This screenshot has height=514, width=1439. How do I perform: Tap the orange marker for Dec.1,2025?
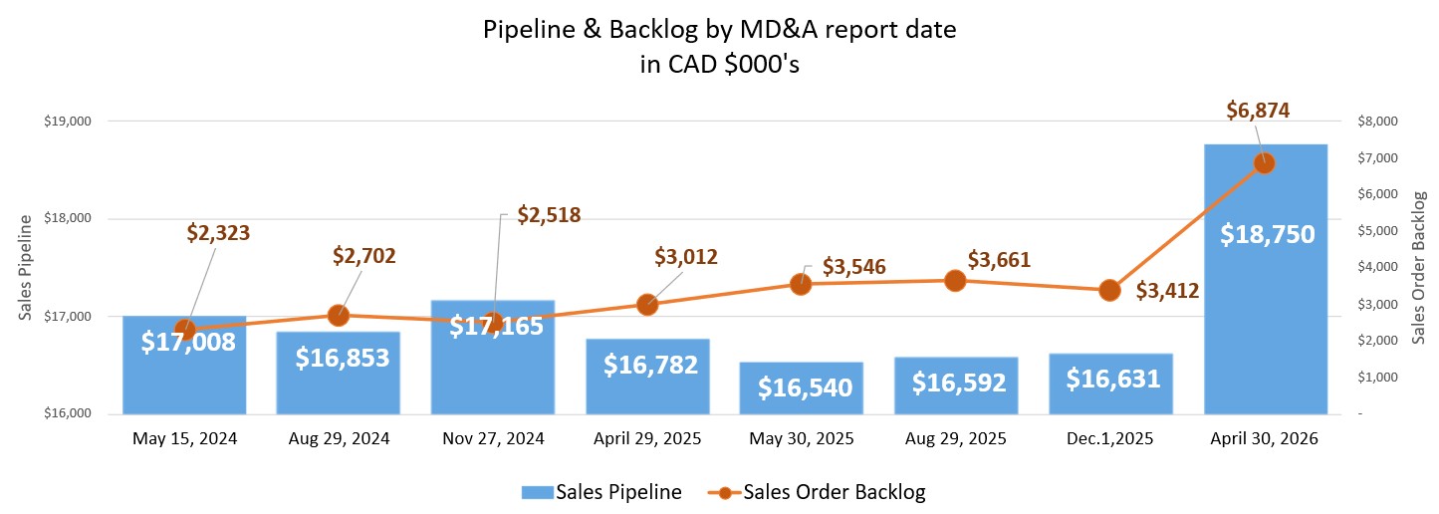(1109, 290)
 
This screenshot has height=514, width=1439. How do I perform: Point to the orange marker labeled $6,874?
(1264, 162)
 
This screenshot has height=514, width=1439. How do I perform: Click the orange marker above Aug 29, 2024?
(338, 316)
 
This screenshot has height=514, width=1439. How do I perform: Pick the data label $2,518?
(548, 215)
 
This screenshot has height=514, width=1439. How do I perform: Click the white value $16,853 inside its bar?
(338, 359)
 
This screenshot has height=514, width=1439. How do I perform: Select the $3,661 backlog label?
(998, 260)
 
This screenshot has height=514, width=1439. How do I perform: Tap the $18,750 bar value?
(1266, 234)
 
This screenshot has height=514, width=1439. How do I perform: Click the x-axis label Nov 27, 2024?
(493, 438)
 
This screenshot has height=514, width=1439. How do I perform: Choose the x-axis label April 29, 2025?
(647, 438)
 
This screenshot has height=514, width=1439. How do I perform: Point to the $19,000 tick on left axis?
(68, 122)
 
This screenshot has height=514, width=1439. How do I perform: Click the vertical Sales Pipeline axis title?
(27, 267)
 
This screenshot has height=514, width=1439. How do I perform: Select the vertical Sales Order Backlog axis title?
(1418, 267)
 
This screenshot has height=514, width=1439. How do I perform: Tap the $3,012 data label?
(686, 257)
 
